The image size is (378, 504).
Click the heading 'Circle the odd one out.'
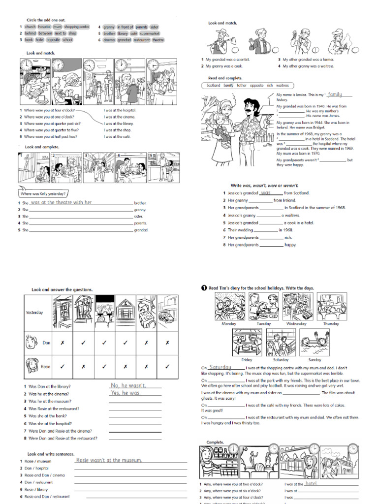coord(45,20)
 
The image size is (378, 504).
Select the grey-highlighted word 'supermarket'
coord(150,33)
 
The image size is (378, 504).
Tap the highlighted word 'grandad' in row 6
coord(125,40)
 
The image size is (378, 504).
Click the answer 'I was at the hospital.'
coord(120,110)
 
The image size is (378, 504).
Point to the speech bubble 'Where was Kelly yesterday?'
coord(43,194)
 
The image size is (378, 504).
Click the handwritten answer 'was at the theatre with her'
coord(61,202)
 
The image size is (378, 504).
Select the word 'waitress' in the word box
coord(282,85)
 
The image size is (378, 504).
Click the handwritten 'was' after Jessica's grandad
coord(266,193)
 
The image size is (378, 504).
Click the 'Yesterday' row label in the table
coord(34,313)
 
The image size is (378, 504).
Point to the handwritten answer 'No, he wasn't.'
coord(128,385)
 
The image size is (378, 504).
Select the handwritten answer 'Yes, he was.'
coord(126,393)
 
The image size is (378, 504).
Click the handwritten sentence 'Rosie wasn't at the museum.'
coord(109,460)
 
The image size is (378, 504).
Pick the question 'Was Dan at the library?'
coord(49,387)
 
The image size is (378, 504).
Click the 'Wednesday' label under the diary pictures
coord(296,324)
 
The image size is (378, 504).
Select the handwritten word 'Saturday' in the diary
coord(220,367)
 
